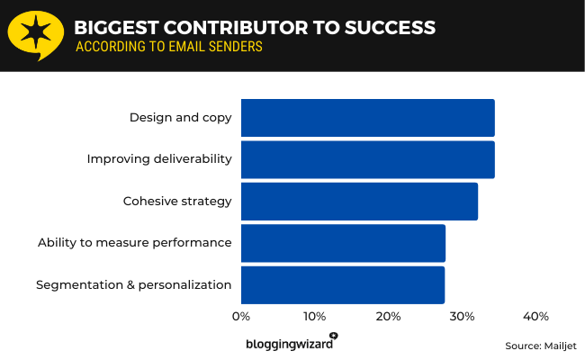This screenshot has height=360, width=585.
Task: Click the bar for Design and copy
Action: pos(367,118)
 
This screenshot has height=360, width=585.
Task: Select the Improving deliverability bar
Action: pos(367,159)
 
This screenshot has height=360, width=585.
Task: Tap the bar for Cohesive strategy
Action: pos(359,201)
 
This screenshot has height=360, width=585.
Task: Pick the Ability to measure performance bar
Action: pos(343,243)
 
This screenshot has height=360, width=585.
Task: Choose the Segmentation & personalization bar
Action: pos(342,284)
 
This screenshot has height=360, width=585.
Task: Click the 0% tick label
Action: pos(241,317)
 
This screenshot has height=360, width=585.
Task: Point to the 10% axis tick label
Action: pos(314,317)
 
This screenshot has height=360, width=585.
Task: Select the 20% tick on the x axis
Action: pos(388,317)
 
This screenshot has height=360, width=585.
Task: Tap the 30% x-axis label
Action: pos(462,317)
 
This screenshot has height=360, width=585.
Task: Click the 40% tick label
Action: pos(535,317)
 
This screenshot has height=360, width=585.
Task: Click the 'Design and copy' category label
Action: pos(180,118)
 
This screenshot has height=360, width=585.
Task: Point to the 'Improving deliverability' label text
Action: pos(159,159)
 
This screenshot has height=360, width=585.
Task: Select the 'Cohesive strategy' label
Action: pos(177,201)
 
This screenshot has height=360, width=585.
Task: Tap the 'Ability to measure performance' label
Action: pos(135,243)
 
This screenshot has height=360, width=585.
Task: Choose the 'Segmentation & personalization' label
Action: pos(134,284)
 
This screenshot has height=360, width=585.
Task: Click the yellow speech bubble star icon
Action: pos(34,35)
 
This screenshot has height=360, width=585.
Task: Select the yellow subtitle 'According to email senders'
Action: pos(168,47)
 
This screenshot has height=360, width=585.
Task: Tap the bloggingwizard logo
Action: pos(291,343)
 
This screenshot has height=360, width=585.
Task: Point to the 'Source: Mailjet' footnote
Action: pos(540,346)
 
